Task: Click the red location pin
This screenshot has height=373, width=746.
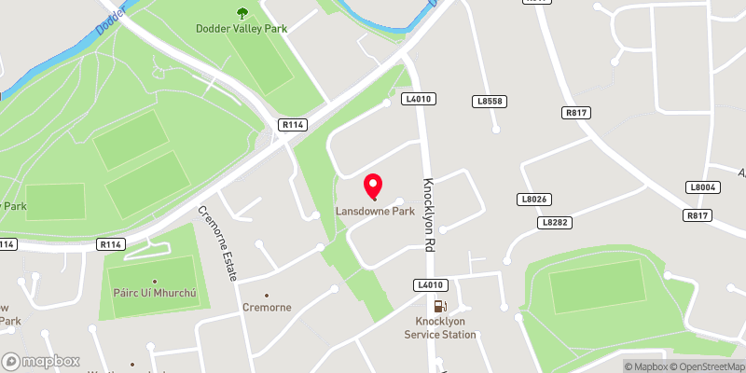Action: (375, 186)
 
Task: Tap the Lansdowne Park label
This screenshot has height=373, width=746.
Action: (375, 212)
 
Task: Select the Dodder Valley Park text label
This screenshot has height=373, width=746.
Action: (242, 28)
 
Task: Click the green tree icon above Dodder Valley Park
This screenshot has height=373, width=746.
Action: (242, 12)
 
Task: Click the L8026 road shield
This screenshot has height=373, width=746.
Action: (533, 200)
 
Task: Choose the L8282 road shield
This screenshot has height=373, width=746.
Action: (554, 223)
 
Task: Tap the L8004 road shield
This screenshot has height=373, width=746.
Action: (705, 187)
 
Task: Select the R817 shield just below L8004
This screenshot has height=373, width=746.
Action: (698, 215)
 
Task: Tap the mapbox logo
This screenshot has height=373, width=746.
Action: (41, 361)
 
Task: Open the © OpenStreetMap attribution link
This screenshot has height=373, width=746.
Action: (706, 366)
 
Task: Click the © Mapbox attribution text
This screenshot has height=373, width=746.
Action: (646, 366)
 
